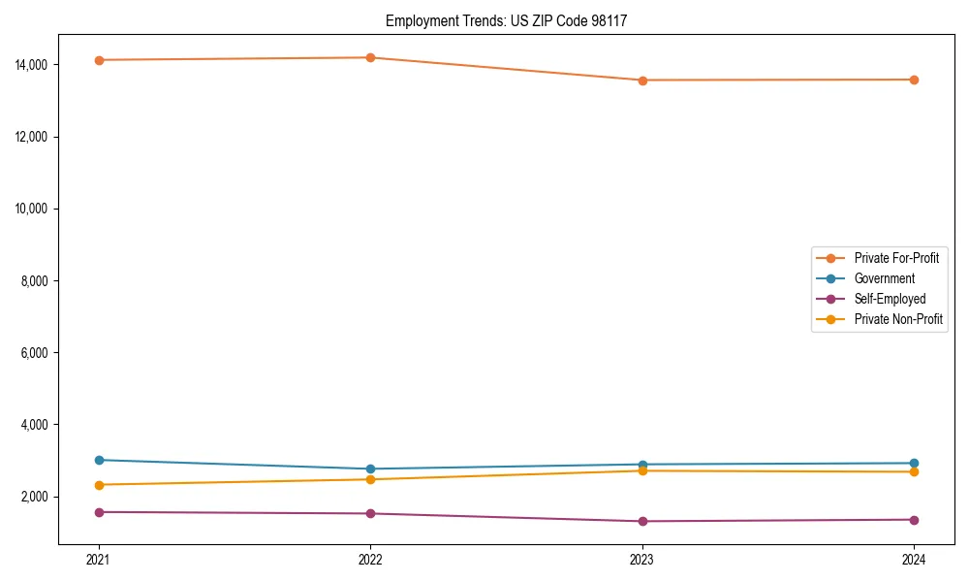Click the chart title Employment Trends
coord(506,20)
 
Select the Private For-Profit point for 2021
coord(99,60)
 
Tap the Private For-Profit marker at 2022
coord(370,57)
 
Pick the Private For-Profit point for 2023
coord(642,80)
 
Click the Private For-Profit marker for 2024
coord(914,80)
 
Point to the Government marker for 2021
coord(99,460)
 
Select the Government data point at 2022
coord(370,469)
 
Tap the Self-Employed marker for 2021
coord(99,512)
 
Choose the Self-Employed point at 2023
coord(642,521)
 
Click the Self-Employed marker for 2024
coord(914,520)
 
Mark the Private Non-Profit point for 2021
coord(99,485)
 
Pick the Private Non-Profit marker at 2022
coord(370,479)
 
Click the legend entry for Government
coord(884,278)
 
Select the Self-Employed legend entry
coord(890,299)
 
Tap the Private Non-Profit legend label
coord(898,319)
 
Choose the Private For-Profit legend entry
coord(896,258)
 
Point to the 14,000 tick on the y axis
coord(32,65)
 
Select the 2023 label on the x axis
coord(642,559)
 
